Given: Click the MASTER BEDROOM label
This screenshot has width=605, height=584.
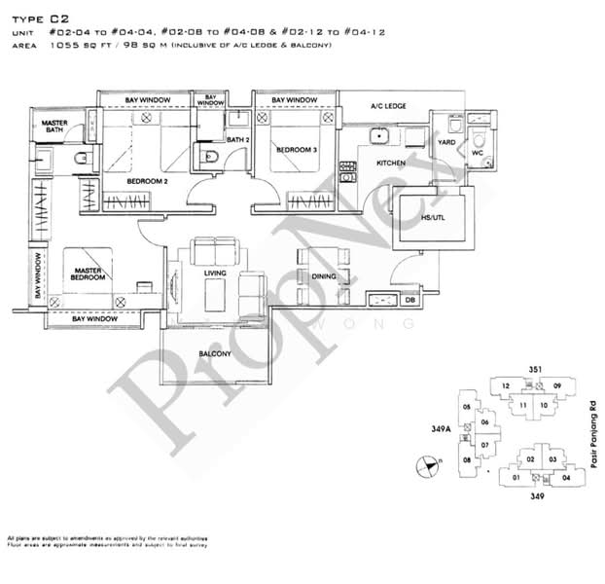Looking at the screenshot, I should pyautogui.click(x=87, y=275).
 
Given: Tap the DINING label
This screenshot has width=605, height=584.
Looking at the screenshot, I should pyautogui.click(x=324, y=276).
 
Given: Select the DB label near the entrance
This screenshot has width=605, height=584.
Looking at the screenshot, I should pyautogui.click(x=409, y=301).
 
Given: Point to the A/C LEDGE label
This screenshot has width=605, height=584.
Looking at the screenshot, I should pyautogui.click(x=387, y=106).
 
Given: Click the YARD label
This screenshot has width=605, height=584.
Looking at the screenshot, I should pyautogui.click(x=446, y=142).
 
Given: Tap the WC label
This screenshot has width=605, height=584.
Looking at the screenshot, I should pyautogui.click(x=477, y=153).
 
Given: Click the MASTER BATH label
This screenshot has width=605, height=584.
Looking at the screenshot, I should pyautogui.click(x=53, y=128).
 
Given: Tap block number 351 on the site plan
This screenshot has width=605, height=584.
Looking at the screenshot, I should pyautogui.click(x=534, y=369).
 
